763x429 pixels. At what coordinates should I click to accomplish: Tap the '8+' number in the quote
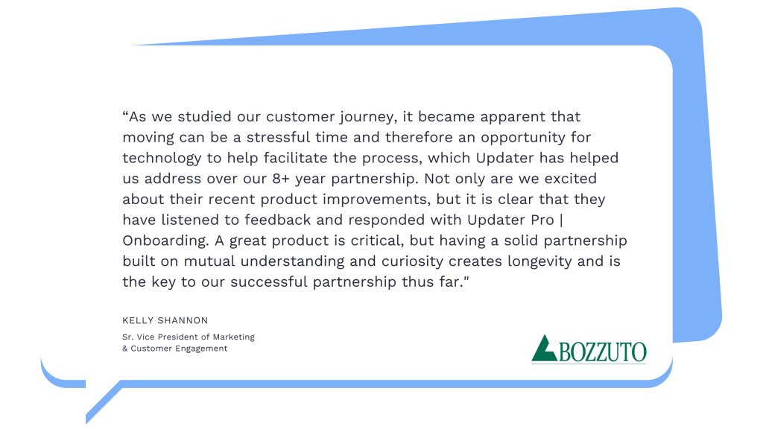tap(281, 179)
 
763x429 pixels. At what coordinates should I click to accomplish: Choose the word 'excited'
tap(570, 179)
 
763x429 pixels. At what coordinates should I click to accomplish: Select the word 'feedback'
tap(277, 220)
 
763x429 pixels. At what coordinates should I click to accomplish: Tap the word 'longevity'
tap(539, 262)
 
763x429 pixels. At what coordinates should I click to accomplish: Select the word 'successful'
tap(268, 282)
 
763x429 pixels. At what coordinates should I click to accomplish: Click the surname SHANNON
tap(186, 320)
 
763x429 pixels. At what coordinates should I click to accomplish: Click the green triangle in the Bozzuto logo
tap(543, 349)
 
